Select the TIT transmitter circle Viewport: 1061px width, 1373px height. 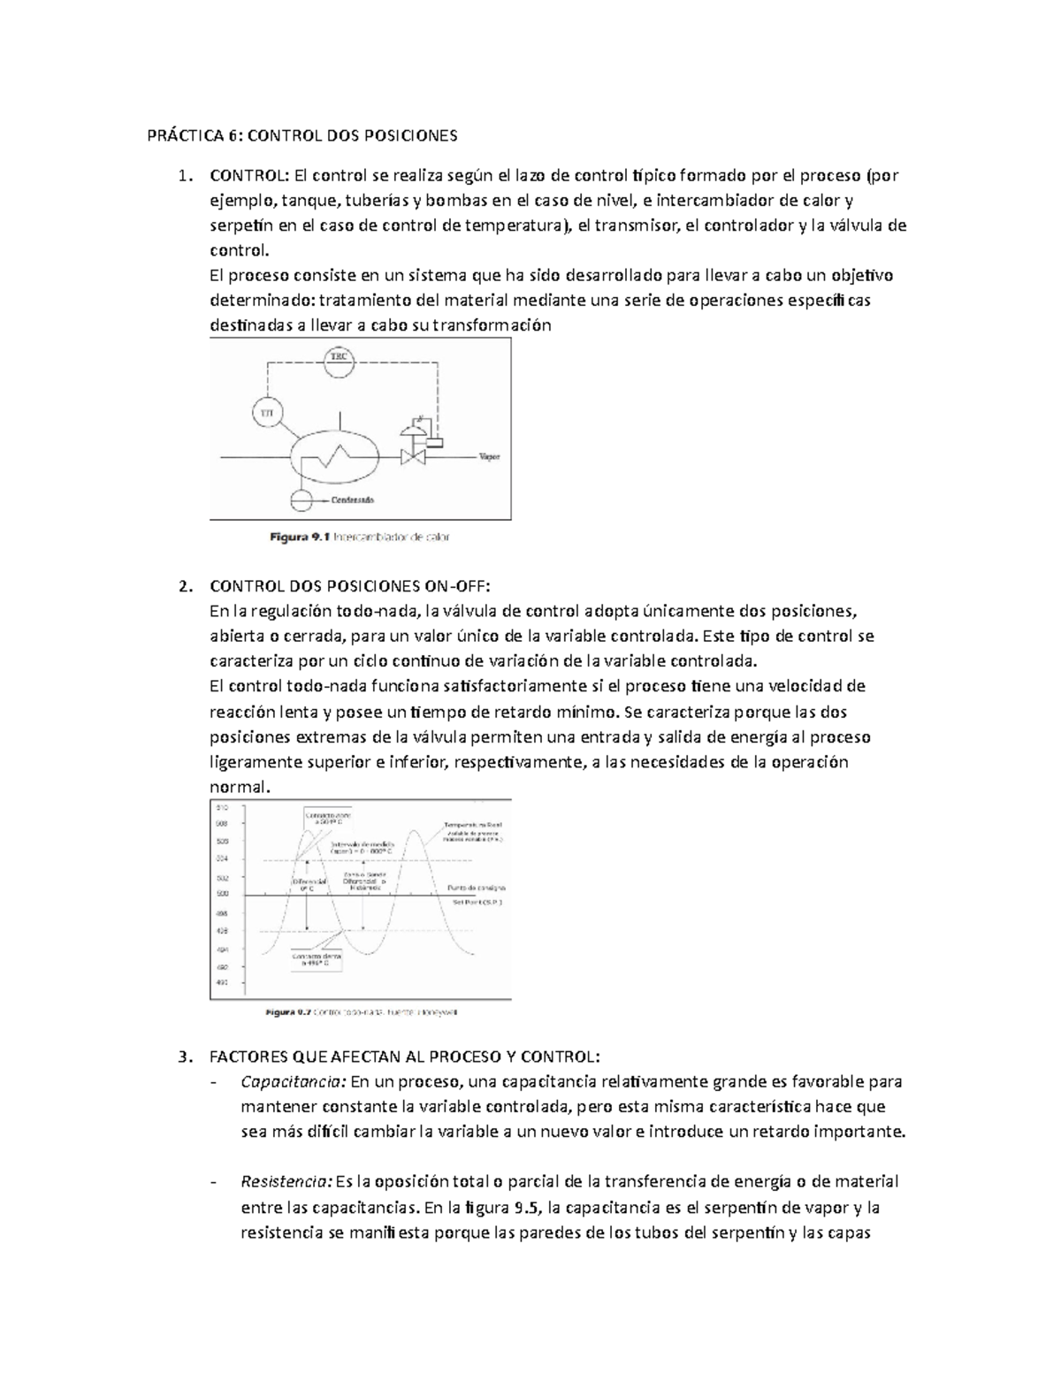pyautogui.click(x=265, y=411)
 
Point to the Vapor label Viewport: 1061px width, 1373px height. pyautogui.click(x=489, y=457)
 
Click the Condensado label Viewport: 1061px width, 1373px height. pyautogui.click(x=352, y=500)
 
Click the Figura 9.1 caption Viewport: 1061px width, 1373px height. pyautogui.click(x=360, y=537)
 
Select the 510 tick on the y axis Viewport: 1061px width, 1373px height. pyautogui.click(x=221, y=808)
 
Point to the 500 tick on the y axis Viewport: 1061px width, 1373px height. pyautogui.click(x=221, y=895)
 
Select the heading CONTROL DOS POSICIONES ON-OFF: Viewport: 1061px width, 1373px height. pyautogui.click(x=348, y=585)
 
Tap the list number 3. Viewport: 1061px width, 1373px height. pyautogui.click(x=182, y=1056)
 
